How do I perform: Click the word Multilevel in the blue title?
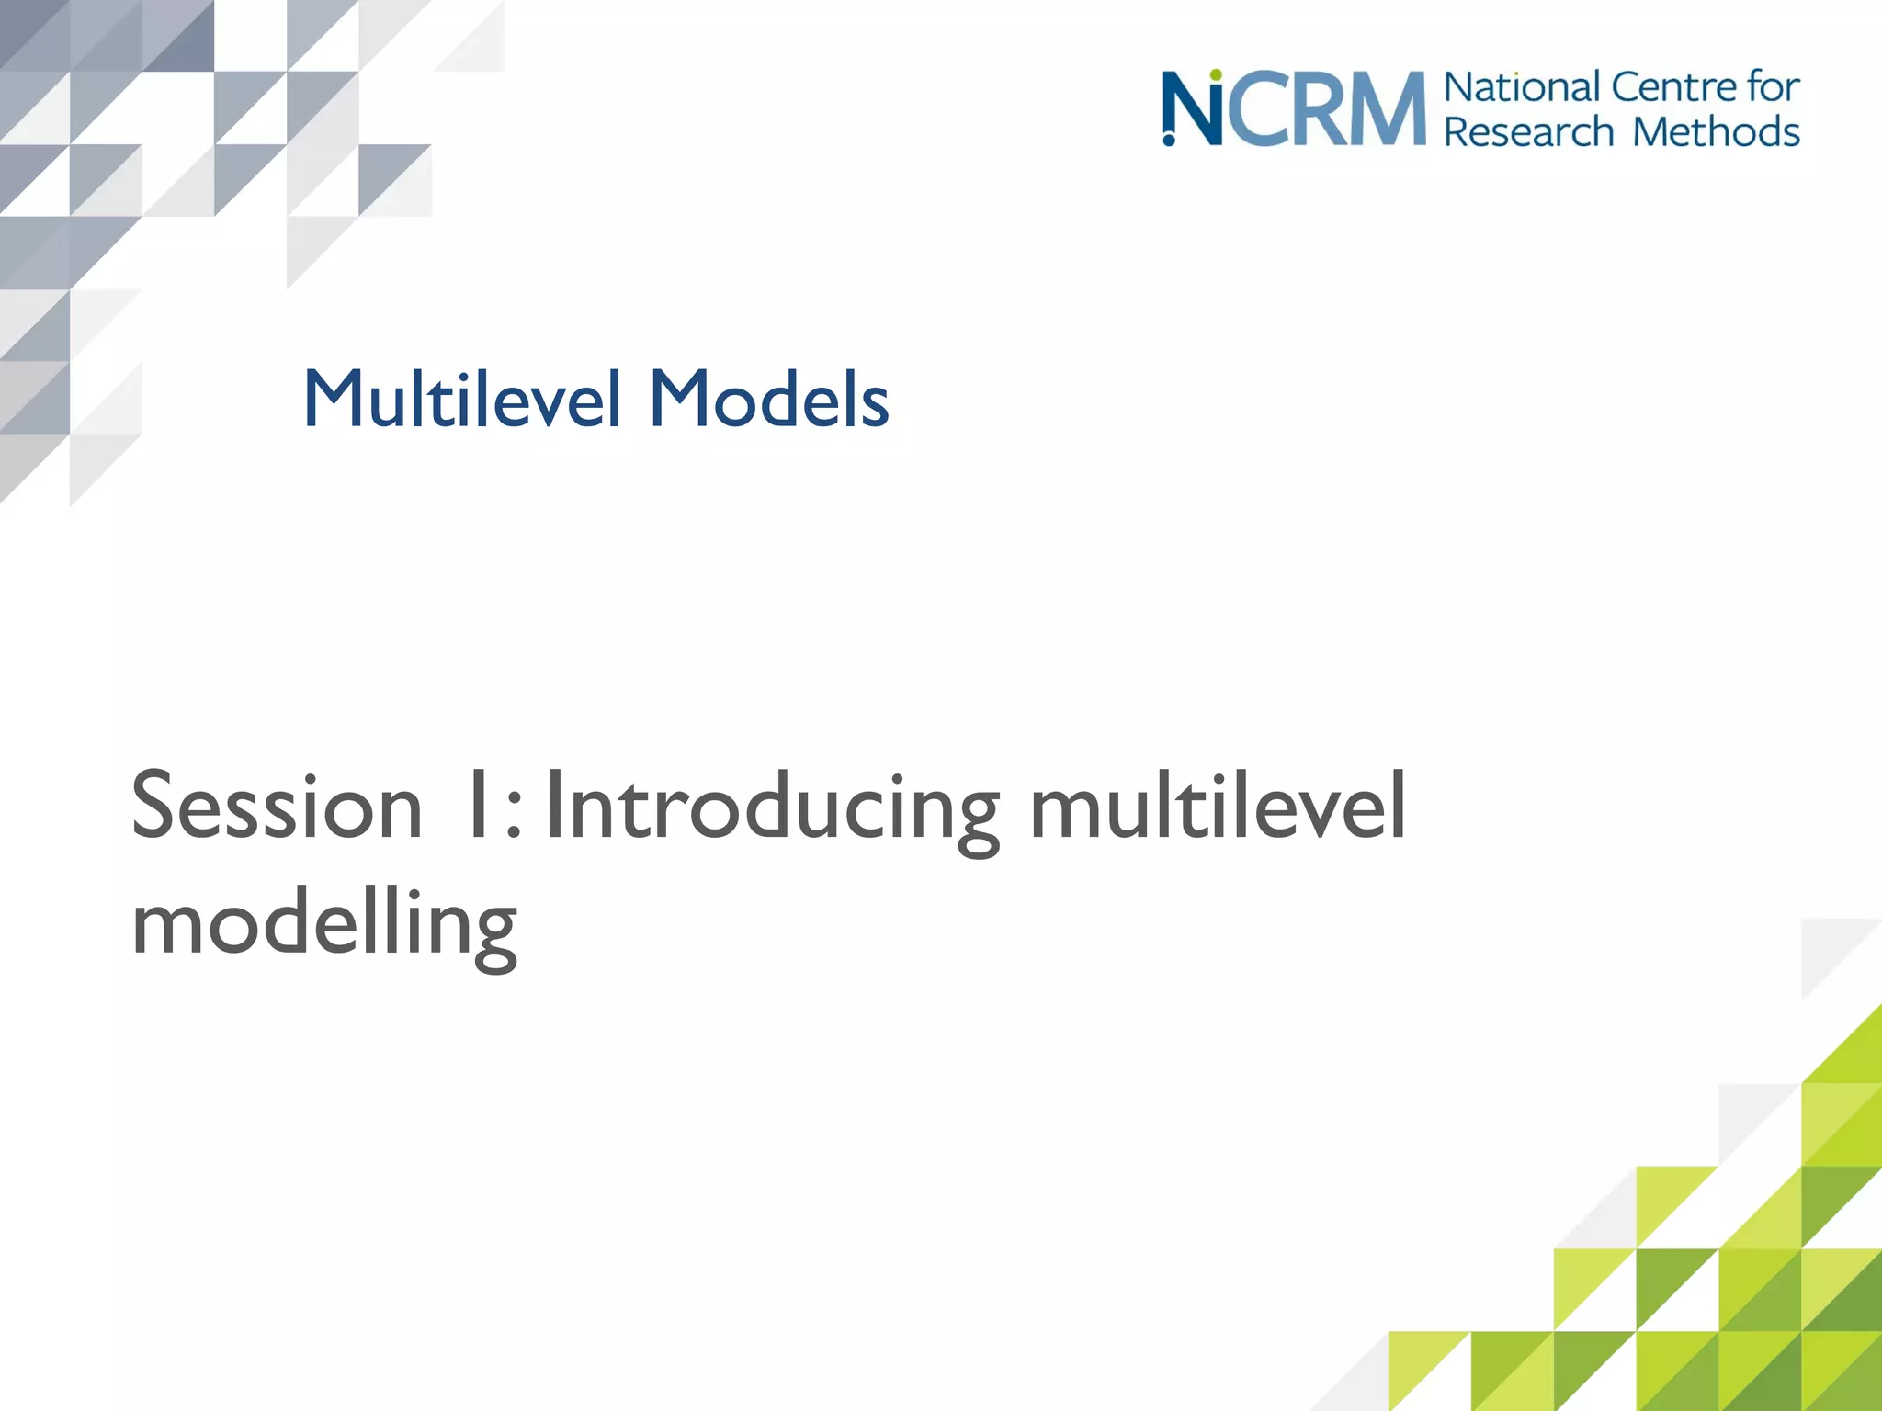(x=462, y=399)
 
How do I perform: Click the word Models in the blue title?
(x=769, y=399)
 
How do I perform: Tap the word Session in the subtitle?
(x=276, y=807)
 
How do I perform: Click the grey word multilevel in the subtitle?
(x=1218, y=807)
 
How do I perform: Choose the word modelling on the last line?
(x=324, y=923)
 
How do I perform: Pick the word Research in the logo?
(x=1528, y=131)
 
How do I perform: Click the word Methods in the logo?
(x=1716, y=131)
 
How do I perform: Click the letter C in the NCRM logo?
(x=1255, y=110)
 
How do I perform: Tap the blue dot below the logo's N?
(x=1169, y=140)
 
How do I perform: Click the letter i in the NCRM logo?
(x=1215, y=115)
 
